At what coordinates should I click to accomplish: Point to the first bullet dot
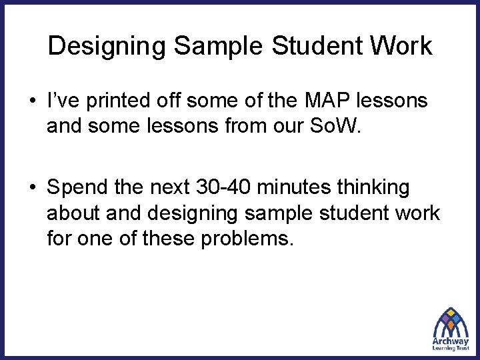click(x=33, y=103)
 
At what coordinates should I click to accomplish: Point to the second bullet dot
click(x=33, y=189)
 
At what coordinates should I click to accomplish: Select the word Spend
click(x=75, y=188)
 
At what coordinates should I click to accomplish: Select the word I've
click(x=61, y=101)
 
